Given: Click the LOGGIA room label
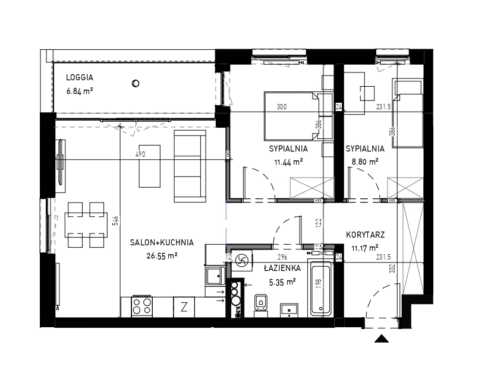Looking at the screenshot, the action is click(x=80, y=77).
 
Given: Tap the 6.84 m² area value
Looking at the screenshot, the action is click(x=80, y=91).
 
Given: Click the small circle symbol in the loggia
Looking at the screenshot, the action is click(x=136, y=84).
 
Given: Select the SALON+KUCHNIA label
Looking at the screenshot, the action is click(x=162, y=242).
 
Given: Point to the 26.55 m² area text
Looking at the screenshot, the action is click(x=162, y=256).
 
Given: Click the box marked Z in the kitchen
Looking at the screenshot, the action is click(x=184, y=307).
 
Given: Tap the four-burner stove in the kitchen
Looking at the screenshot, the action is click(x=142, y=306).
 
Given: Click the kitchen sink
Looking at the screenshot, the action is click(x=215, y=276).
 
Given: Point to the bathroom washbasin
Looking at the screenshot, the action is click(x=289, y=310).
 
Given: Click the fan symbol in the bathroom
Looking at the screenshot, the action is click(x=241, y=260).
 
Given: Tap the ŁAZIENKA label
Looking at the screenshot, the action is click(x=282, y=268).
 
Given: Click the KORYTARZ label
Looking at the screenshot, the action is click(x=365, y=235).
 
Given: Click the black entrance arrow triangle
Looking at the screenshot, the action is click(x=382, y=339).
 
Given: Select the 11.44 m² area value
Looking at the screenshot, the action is click(x=288, y=162).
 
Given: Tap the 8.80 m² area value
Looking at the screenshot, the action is click(x=365, y=162).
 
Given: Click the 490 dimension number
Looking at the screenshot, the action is click(x=141, y=154).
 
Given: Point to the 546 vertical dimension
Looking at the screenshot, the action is click(x=116, y=220).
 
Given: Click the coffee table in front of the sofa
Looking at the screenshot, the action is click(x=150, y=166).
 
